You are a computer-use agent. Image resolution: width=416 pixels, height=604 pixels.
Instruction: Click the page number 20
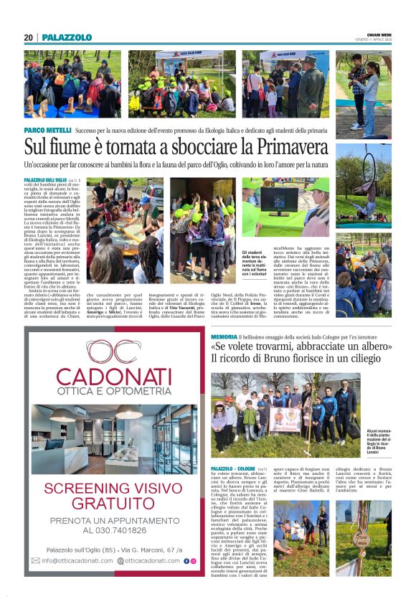click(x=28, y=37)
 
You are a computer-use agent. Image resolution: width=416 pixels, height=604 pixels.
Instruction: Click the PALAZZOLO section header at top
click(x=67, y=37)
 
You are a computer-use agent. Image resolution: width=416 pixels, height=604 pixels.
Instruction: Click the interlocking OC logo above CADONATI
click(x=114, y=350)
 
